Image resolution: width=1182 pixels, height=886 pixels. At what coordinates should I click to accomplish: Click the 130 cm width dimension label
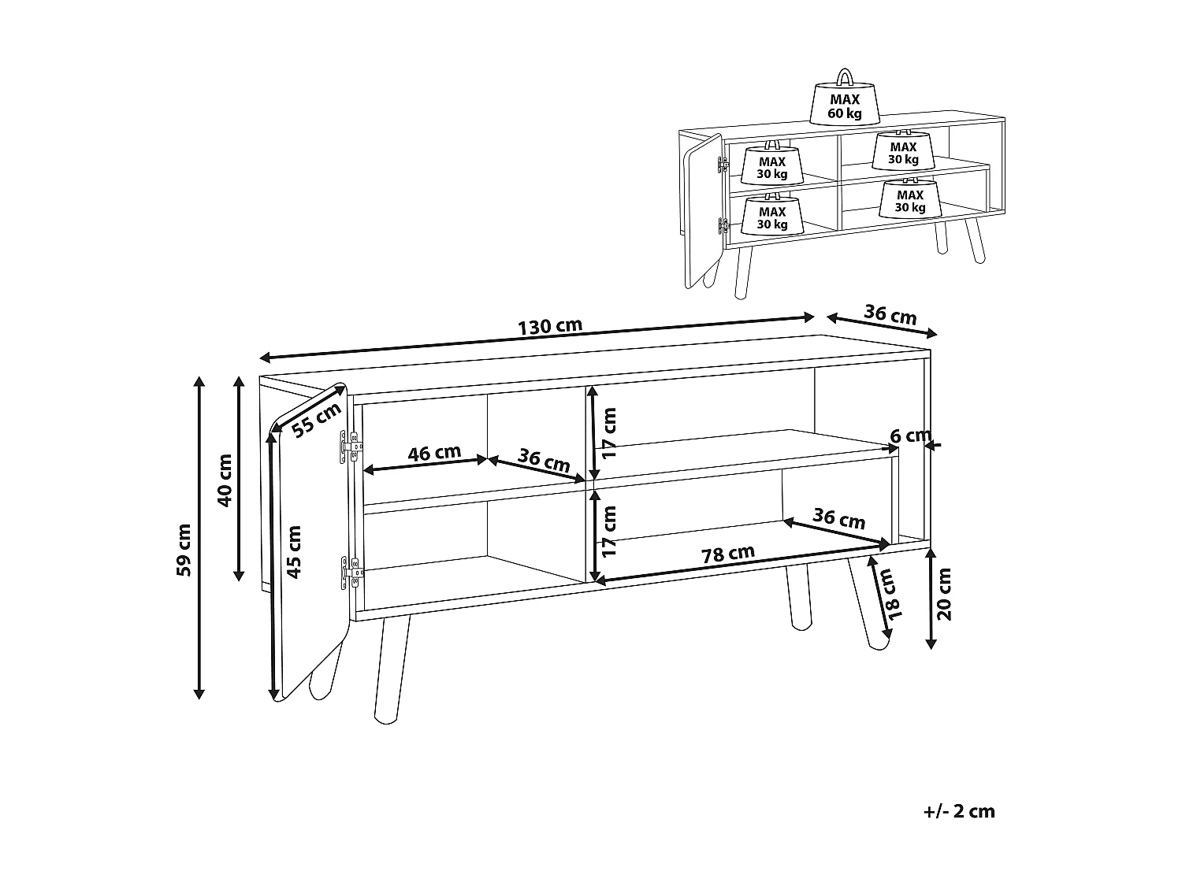[550, 326]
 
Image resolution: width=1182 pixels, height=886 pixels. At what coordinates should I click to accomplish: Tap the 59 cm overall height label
[184, 550]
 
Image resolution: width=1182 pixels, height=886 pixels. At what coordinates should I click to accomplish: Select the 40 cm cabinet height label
[225, 480]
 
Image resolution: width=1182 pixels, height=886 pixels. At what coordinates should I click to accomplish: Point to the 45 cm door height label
[294, 551]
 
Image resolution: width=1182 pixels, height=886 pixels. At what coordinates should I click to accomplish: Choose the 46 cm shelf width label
[434, 454]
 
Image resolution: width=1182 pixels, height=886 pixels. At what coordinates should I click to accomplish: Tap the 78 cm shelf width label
[728, 554]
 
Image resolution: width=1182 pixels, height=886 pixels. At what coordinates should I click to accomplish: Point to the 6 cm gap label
[910, 436]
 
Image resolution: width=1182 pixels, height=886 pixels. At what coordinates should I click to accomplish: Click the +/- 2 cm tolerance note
[958, 811]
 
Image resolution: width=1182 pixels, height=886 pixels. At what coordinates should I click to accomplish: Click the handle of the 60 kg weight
[844, 76]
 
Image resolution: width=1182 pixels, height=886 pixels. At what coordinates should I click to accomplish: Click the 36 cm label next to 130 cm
[890, 314]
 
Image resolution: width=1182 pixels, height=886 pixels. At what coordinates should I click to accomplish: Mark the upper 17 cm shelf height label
[608, 433]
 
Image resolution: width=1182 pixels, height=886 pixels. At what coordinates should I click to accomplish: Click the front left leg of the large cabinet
[390, 669]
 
